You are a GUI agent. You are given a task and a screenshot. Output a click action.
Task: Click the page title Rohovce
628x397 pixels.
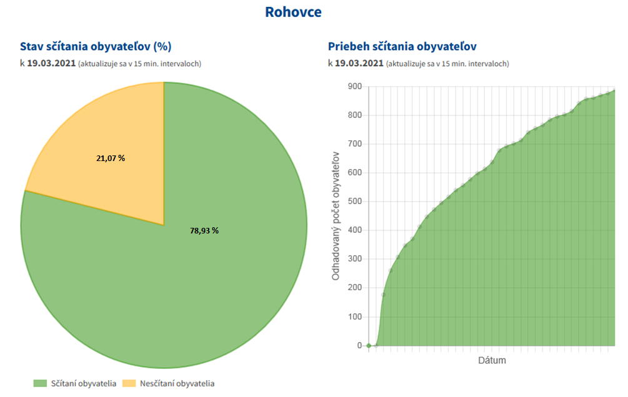[293, 12]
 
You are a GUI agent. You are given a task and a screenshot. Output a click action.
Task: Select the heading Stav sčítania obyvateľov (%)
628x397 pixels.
[96, 46]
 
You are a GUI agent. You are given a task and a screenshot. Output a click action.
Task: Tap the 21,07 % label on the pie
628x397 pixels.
[111, 159]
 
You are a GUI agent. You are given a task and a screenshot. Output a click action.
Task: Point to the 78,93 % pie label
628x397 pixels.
[204, 230]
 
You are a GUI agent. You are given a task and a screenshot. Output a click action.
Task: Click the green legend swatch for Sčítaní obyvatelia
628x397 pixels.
[41, 383]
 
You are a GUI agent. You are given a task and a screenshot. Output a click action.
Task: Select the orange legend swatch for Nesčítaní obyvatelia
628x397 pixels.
[129, 383]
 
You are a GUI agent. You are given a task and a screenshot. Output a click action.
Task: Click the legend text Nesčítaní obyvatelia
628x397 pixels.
[177, 383]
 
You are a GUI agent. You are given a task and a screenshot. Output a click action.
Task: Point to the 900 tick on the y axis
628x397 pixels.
[354, 87]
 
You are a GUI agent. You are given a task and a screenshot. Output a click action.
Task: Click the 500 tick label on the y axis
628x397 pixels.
[354, 202]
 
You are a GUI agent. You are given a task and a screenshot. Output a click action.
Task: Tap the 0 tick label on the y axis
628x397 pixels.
[359, 345]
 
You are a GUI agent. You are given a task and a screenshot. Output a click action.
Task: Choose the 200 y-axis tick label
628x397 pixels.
[354, 288]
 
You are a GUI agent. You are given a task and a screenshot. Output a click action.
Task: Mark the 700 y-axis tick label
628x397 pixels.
[354, 144]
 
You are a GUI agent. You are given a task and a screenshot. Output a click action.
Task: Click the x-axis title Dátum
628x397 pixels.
[492, 361]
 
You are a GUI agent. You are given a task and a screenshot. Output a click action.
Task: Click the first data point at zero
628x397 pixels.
[369, 345]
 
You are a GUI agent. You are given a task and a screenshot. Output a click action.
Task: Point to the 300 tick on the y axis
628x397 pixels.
[354, 259]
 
